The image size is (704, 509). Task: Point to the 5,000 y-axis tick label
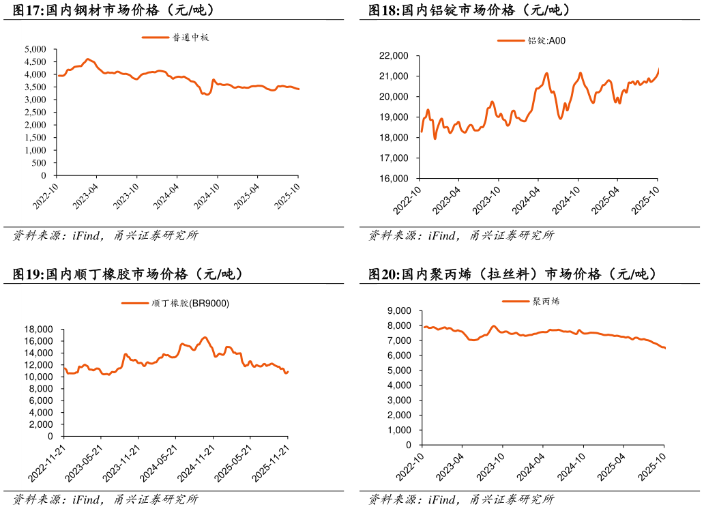pyautogui.click(x=35, y=49)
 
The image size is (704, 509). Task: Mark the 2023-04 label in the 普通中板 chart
pyautogui.click(x=86, y=194)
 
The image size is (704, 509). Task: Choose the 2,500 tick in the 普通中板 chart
pyautogui.click(x=35, y=113)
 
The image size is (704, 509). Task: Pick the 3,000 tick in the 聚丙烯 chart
pyautogui.click(x=400, y=400)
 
